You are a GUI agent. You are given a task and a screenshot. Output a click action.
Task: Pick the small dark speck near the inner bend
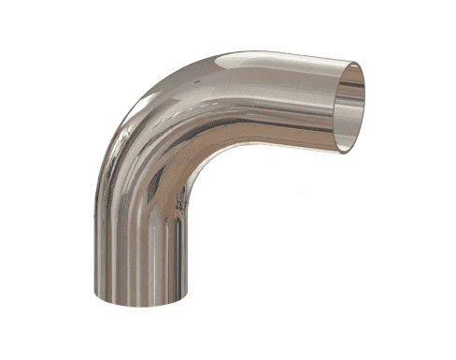[x=168, y=221]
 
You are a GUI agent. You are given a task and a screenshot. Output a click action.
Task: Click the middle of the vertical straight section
[x=140, y=262]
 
